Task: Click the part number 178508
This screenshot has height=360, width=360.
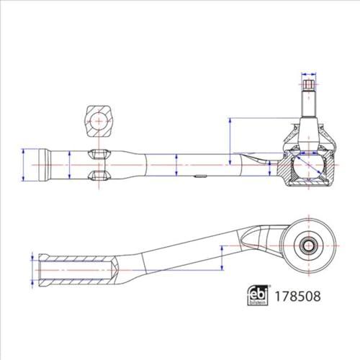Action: pos(297,296)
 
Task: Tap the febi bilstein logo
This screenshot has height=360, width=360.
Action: pos(258,295)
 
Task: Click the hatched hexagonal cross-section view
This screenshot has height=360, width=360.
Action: pos(99,121)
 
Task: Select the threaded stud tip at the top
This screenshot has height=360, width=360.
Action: pos(309,85)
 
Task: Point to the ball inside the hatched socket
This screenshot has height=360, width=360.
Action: pos(308,166)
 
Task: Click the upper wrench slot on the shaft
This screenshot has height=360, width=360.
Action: pos(99,154)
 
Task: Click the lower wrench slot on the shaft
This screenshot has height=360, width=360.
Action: pos(99,176)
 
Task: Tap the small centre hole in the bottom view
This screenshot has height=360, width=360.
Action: pos(308,246)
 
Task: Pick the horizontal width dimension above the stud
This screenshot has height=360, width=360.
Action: pos(309,74)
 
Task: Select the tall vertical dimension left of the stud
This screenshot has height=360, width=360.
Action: pos(230,141)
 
